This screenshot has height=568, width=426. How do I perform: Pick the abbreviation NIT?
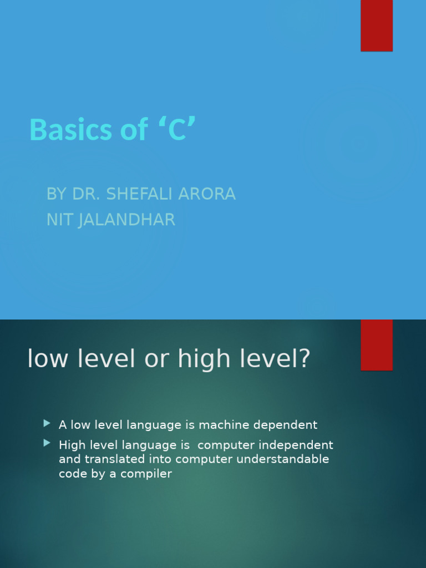point(59,220)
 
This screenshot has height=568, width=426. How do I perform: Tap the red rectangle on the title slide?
point(377,26)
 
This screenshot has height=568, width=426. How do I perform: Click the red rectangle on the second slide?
point(377,344)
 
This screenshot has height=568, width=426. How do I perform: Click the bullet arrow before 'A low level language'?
point(47,424)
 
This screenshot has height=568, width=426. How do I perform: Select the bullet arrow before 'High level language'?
point(47,443)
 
